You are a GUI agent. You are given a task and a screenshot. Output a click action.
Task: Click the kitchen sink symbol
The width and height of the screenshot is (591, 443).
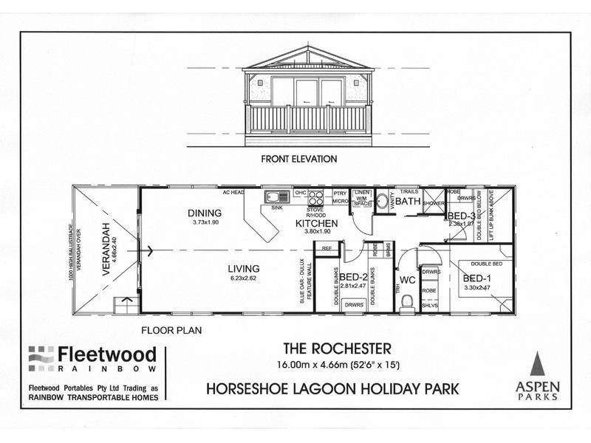pyautogui.click(x=278, y=197)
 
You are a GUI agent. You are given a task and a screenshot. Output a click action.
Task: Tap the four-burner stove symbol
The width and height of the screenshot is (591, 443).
pyautogui.click(x=315, y=197)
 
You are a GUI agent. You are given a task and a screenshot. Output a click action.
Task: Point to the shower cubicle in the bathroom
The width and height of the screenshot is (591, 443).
pyautogui.click(x=432, y=199)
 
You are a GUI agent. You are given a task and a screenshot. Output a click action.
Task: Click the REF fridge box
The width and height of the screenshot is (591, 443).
pyautogui.click(x=327, y=250)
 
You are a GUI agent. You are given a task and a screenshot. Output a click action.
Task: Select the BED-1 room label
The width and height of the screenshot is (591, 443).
pyautogui.click(x=474, y=278)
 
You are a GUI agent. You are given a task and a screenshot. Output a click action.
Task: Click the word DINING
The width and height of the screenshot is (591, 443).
pyautogui.click(x=201, y=213)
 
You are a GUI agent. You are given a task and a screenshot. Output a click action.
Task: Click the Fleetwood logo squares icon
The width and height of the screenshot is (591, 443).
pyautogui.click(x=41, y=359)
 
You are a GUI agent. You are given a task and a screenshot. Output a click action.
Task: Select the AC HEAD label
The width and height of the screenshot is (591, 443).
pyautogui.click(x=233, y=192)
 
